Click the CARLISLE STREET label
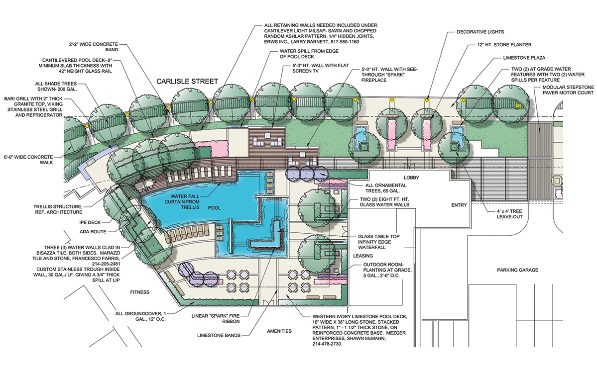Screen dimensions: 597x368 187,82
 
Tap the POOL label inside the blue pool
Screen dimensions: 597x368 215,208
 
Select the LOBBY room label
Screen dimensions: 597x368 412,178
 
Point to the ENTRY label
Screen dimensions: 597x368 459,205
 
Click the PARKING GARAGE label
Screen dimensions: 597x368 518,271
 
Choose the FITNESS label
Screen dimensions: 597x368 140,292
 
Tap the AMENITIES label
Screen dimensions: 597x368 279,332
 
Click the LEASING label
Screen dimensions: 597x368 363,256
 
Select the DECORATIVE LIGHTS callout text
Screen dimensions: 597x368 480,32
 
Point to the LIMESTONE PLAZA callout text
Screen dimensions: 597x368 524,58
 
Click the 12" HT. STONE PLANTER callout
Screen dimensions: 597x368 504,45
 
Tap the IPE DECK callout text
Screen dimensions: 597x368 90,223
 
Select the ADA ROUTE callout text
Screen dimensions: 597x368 93,232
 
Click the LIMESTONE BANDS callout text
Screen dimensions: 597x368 219,336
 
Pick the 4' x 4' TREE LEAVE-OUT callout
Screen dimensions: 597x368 509,214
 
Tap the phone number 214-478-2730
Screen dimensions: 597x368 327,344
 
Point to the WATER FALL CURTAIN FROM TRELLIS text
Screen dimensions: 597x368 185,202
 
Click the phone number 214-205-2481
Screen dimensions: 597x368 106,264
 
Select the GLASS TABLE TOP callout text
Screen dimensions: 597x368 379,236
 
